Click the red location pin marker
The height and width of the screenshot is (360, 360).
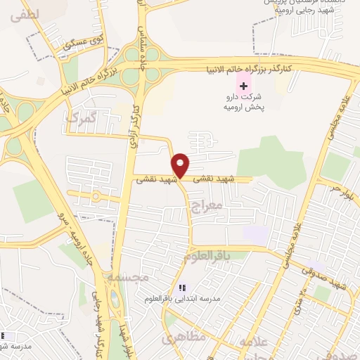[181, 165]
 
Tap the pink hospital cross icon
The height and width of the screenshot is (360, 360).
[244, 85]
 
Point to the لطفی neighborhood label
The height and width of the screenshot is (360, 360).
[26, 13]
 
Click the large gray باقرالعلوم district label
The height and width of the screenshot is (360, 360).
[207, 257]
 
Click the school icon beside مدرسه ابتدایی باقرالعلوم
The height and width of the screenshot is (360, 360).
[182, 288]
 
